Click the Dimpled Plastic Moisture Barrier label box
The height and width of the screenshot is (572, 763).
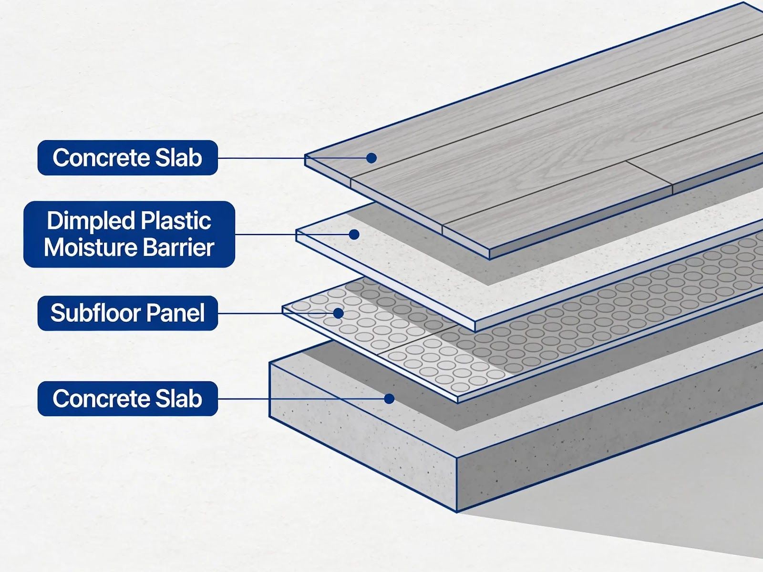[x=129, y=234]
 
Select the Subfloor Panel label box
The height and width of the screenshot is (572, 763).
[x=128, y=313]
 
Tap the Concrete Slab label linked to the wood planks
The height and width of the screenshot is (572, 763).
[x=128, y=158]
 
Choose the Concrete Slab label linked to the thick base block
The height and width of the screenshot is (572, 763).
[x=128, y=398]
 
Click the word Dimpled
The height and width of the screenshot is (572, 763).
[x=90, y=221]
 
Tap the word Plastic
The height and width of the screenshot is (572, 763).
[x=176, y=220]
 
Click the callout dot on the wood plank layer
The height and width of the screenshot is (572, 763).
[x=371, y=158]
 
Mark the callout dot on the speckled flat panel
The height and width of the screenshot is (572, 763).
[x=354, y=235]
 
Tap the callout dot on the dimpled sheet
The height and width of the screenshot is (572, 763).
[x=338, y=313]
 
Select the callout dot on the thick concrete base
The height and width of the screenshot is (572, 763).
[x=389, y=398]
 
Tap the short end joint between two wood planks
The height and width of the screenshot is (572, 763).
[x=650, y=177]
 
